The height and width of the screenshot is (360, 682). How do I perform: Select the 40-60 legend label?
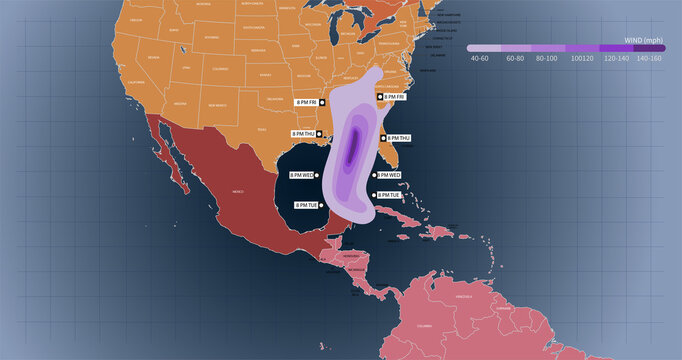coord(480,58)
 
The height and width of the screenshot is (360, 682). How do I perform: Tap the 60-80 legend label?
coord(515,58)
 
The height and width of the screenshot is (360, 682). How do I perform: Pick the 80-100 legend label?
coord(549,58)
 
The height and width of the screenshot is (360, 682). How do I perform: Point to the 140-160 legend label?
coord(649,58)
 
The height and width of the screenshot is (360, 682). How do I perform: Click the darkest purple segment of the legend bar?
coord(649,47)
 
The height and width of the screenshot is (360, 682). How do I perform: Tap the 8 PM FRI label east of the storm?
coord(392,97)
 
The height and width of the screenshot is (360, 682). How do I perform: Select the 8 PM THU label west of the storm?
coord(303,133)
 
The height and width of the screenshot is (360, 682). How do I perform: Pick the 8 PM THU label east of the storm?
coord(398,138)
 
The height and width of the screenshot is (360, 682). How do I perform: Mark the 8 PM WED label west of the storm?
coord(301,175)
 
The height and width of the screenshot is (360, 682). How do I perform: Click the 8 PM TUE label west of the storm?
coord(306,204)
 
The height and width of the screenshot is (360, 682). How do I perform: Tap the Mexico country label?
coord(238,190)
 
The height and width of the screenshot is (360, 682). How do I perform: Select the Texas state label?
coord(262,130)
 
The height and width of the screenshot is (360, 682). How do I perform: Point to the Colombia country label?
coord(424,325)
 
